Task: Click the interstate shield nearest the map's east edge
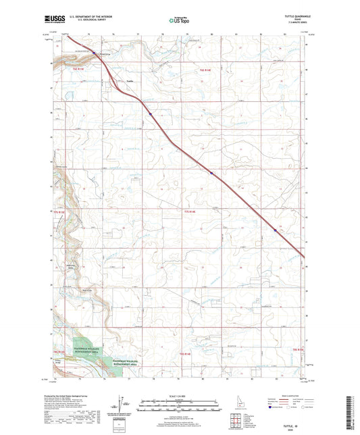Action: point(274,230)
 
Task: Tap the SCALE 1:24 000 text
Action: point(179,394)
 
